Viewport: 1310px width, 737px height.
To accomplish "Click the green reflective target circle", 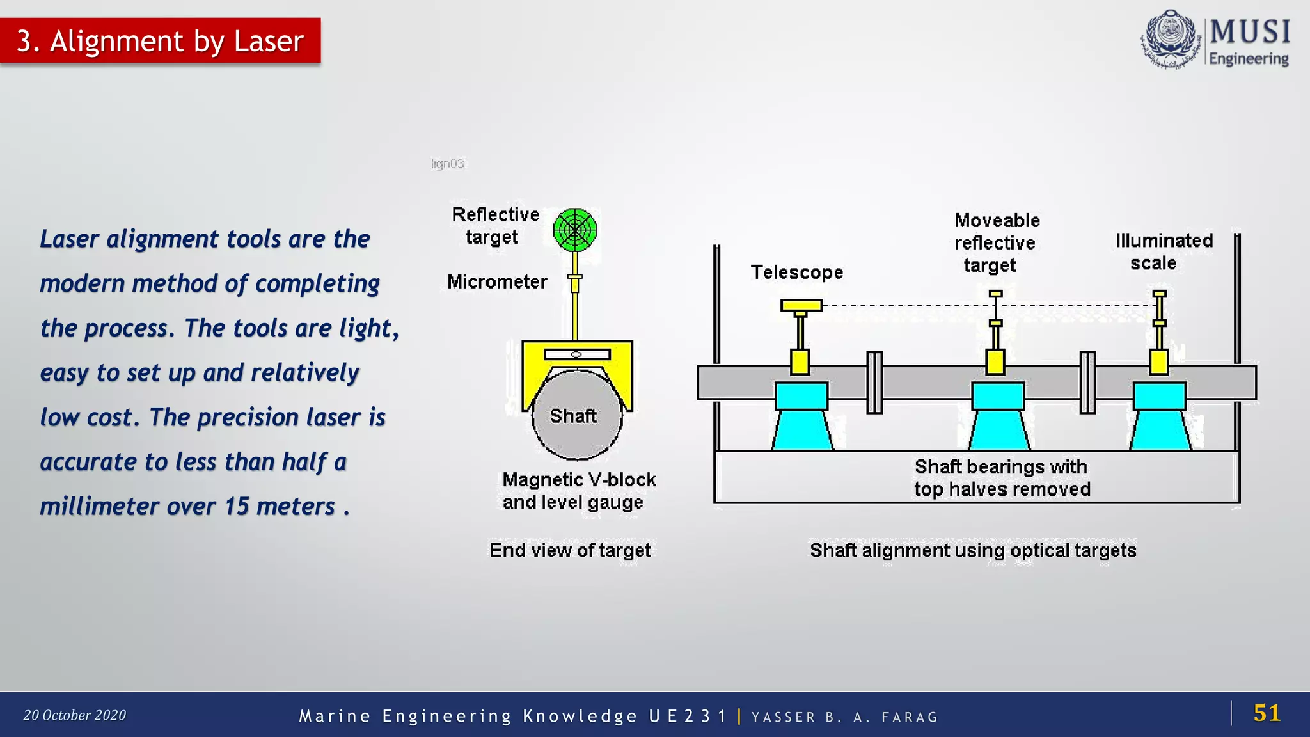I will pos(575,230).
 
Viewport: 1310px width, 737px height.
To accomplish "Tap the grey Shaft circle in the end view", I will pos(576,416).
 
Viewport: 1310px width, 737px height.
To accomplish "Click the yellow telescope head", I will pos(801,305).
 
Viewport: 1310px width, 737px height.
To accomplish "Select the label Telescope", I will pos(796,273).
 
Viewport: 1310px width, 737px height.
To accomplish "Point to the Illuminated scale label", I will pos(1164,251).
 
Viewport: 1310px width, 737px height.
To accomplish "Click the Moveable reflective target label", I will pos(996,242).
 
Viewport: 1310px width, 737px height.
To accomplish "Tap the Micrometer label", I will pos(496,281).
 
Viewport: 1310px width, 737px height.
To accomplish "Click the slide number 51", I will pos(1267,713).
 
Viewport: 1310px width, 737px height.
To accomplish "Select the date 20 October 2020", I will pos(74,715).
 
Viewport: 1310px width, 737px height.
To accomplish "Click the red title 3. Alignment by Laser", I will pos(160,41).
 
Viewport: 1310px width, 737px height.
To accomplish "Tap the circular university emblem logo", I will pos(1170,40).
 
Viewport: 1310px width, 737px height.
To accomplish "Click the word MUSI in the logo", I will pos(1249,32).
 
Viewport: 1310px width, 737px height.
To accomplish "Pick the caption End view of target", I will pos(570,550).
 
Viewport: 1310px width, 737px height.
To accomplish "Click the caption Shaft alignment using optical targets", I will pos(972,550).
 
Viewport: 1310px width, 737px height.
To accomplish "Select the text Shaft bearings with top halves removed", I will pos(1001,478).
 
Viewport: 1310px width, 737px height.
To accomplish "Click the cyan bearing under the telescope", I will pos(801,416).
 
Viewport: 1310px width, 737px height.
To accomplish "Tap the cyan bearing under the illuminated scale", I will pos(1159,416).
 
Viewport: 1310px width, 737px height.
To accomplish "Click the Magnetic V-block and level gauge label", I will pos(578,491).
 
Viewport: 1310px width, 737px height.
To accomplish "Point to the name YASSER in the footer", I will pos(783,717).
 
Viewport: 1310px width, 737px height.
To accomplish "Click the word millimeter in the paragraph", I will pos(99,507).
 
